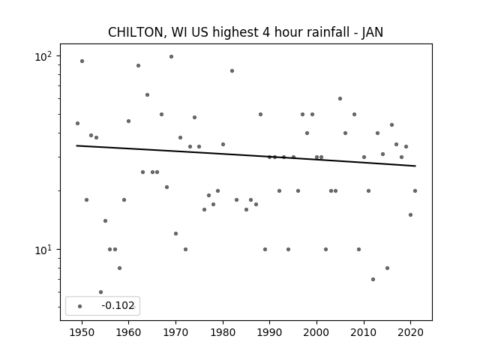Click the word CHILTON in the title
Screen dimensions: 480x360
click(137, 32)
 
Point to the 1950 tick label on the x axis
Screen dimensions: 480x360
click(82, 332)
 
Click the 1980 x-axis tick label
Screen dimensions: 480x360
click(223, 332)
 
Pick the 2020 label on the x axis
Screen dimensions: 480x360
click(410, 332)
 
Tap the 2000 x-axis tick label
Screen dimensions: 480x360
click(316, 332)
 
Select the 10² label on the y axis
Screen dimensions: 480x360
click(43, 57)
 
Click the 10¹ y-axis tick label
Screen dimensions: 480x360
click(43, 250)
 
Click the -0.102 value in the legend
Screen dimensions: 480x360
click(118, 305)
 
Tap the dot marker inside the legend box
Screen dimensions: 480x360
click(80, 306)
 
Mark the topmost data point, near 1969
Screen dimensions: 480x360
click(171, 57)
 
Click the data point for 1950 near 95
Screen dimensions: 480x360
click(82, 61)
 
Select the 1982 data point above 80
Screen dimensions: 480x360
click(232, 71)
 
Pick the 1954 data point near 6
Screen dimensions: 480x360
click(100, 292)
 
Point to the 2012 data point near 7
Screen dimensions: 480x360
click(373, 279)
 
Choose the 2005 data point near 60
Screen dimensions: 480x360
click(340, 98)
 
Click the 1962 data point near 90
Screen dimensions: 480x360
click(138, 65)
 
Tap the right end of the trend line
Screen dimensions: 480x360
click(415, 166)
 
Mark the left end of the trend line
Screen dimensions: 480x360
click(76, 145)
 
